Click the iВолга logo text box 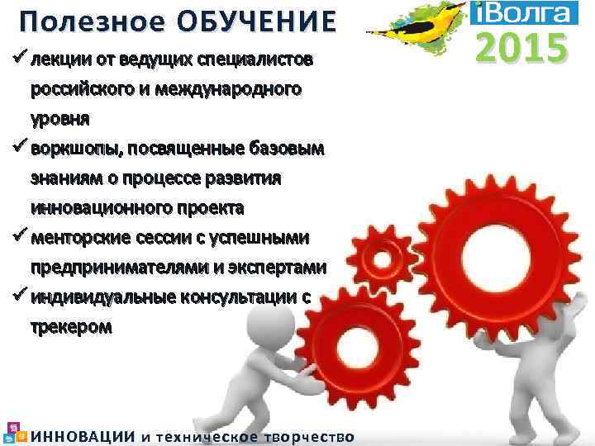click(x=517, y=12)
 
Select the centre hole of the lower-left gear click(x=336, y=338)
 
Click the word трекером click(x=70, y=327)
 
